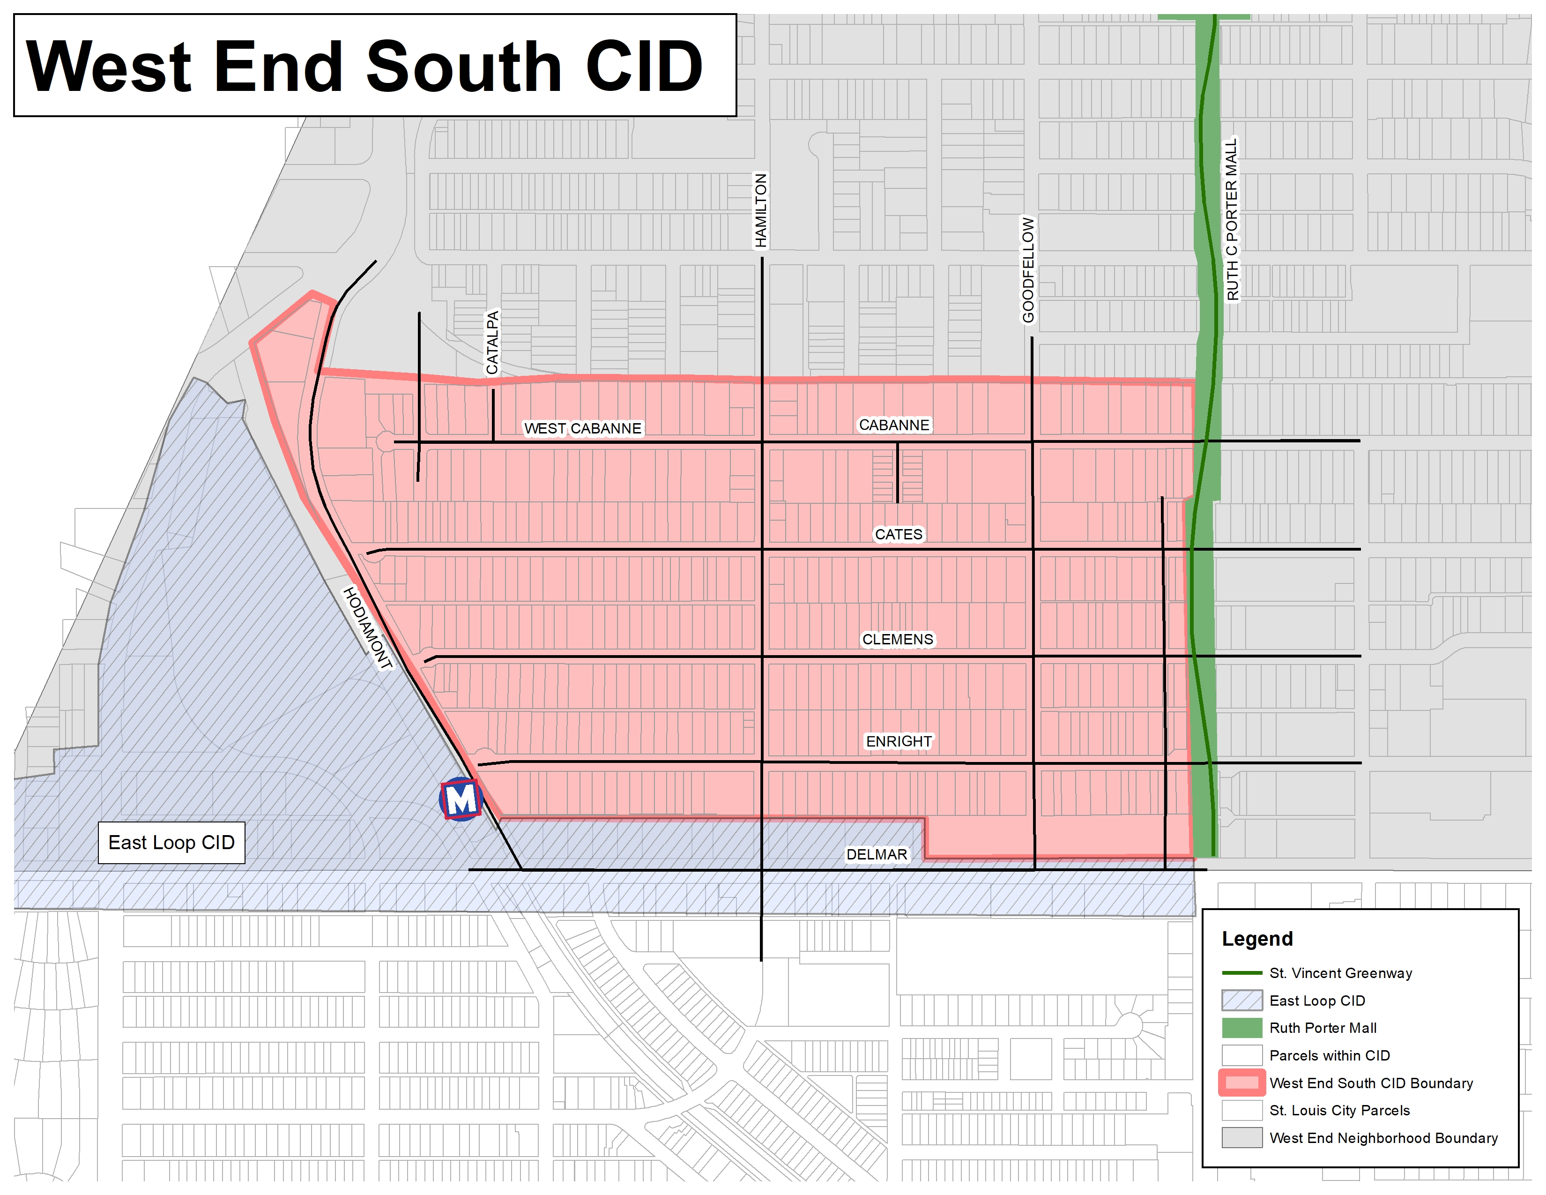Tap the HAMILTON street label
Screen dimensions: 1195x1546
[761, 211]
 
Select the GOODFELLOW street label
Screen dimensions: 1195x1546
[1028, 270]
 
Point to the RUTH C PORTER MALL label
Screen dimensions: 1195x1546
[1233, 219]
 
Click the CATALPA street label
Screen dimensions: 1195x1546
[493, 343]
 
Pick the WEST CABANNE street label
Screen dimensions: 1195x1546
[583, 428]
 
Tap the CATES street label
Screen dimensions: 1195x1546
[898, 535]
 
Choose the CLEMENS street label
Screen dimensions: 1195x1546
[898, 639]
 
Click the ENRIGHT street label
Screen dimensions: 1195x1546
[899, 741]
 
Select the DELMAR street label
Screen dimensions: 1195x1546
[877, 854]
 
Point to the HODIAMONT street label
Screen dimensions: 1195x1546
[367, 628]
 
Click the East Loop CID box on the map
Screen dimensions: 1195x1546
[171, 843]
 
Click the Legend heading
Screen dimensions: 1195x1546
[1257, 939]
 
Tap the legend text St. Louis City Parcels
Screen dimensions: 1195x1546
[1339, 1110]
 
